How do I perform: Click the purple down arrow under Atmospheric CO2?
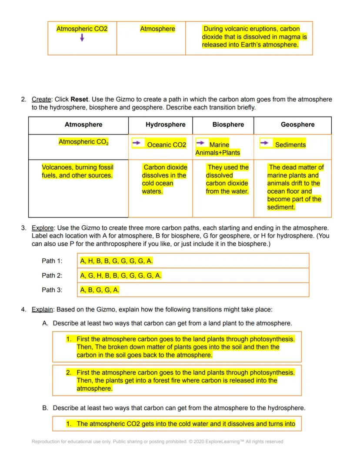pyautogui.click(x=82, y=38)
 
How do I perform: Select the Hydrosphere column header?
pyautogui.click(x=165, y=124)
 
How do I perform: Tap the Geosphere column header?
pyautogui.click(x=297, y=124)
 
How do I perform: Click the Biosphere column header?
pyautogui.click(x=228, y=124)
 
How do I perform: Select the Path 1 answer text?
pyautogui.click(x=116, y=261)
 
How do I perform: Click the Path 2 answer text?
pyautogui.click(x=121, y=275)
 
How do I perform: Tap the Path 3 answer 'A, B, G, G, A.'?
pyautogui.click(x=100, y=290)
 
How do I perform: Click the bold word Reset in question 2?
pyautogui.click(x=79, y=99)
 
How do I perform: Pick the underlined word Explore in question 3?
pyautogui.click(x=43, y=228)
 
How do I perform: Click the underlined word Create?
pyautogui.click(x=42, y=99)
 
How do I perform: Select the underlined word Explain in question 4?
pyautogui.click(x=43, y=309)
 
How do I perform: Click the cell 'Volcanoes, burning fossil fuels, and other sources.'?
pyautogui.click(x=77, y=171)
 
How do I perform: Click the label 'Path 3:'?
pyautogui.click(x=52, y=290)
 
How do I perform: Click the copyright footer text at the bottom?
pyautogui.click(x=157, y=442)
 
